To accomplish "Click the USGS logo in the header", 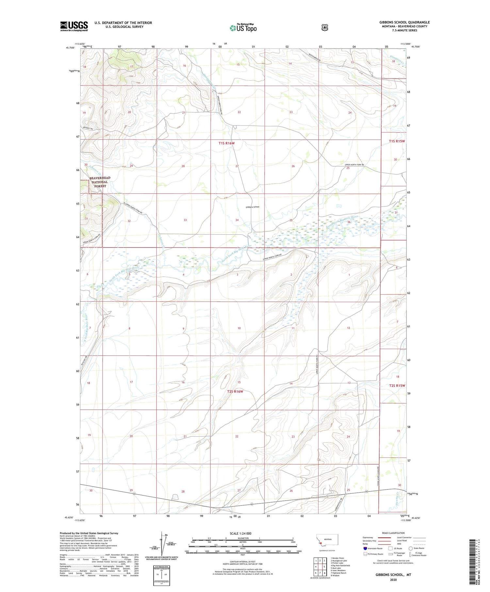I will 74,26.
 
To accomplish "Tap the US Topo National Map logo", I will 243,28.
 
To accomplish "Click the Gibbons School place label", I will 253,207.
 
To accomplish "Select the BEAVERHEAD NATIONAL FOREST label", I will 100,182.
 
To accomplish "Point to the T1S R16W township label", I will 226,143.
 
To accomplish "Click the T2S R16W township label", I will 235,391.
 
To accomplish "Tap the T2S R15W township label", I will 397,385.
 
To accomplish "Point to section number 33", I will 185,220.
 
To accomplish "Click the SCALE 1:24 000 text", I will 240,533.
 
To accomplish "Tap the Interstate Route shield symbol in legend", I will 365,548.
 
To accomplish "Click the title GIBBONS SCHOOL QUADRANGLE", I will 404,22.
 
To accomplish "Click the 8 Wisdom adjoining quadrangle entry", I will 335,575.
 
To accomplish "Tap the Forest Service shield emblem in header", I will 324,28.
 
